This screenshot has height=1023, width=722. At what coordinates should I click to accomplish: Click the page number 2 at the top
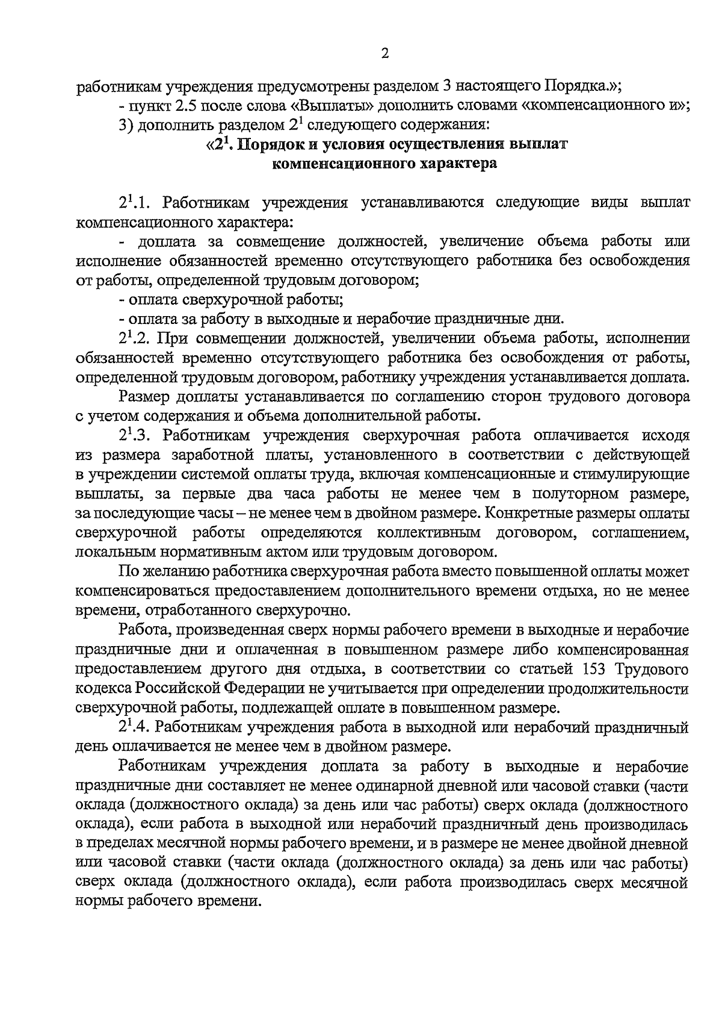pyautogui.click(x=385, y=54)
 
